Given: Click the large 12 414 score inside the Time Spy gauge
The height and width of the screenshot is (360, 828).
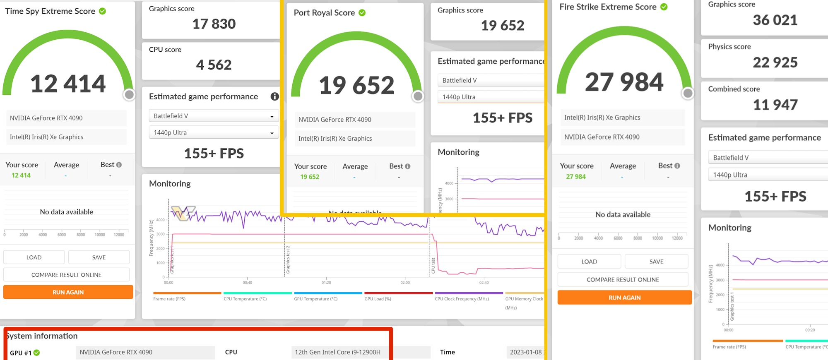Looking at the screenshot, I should [x=68, y=84].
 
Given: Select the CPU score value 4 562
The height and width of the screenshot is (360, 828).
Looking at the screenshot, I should [x=214, y=65].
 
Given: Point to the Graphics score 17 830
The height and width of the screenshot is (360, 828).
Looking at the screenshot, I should [x=214, y=24].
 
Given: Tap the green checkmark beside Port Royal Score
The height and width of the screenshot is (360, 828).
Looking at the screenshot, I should [x=362, y=13].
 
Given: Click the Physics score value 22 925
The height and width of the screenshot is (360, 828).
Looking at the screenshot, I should [x=775, y=62].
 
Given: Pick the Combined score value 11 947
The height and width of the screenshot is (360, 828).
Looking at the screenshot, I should [x=775, y=105].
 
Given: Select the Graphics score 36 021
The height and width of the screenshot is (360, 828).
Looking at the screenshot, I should [x=775, y=20].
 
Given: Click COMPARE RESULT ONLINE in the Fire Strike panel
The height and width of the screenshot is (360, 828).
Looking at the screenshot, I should [x=623, y=280].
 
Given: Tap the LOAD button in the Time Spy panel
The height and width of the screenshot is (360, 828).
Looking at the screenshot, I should [x=34, y=257].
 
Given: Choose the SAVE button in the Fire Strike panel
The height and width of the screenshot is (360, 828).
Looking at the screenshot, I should [x=656, y=262].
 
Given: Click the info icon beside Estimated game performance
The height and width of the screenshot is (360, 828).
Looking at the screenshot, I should [x=274, y=96].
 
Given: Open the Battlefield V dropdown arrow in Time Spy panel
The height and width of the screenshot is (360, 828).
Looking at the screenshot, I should [x=272, y=116].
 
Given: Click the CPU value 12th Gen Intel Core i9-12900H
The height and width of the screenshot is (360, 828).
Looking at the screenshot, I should [x=337, y=352].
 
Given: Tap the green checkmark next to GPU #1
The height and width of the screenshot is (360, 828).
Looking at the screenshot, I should [x=37, y=353].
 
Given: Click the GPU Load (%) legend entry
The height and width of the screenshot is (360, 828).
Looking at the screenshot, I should [x=378, y=299].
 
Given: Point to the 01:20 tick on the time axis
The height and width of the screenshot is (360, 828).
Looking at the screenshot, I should [x=326, y=282].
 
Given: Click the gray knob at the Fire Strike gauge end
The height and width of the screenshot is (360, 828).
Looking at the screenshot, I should [x=688, y=93].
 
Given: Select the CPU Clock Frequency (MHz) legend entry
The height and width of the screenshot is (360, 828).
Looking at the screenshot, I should [x=462, y=299].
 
